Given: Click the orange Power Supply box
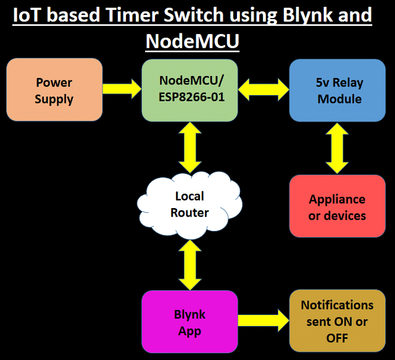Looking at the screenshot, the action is [x=54, y=90].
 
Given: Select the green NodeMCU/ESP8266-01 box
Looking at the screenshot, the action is [x=189, y=91].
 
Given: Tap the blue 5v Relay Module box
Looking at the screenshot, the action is [x=338, y=91].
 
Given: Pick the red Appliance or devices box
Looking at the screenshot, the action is [x=338, y=206].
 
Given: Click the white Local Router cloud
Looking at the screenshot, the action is [x=189, y=205].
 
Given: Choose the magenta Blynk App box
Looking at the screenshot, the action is [x=189, y=322].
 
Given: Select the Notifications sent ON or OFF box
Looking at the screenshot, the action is [x=338, y=320].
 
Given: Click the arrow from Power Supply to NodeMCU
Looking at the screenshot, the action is [x=122, y=89].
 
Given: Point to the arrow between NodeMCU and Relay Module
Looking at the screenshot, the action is [x=264, y=90].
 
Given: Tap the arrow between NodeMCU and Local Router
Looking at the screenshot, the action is [x=189, y=148].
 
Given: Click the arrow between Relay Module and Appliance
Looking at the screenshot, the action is [x=337, y=148].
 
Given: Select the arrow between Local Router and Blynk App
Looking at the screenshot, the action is [x=189, y=265].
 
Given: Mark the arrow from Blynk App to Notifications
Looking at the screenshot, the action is [x=264, y=320].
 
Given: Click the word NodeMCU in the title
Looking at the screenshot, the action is [x=192, y=41].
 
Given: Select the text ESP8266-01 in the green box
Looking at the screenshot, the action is [x=191, y=97].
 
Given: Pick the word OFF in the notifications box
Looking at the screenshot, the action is [x=337, y=338].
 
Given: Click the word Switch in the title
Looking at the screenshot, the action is [x=193, y=15].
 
